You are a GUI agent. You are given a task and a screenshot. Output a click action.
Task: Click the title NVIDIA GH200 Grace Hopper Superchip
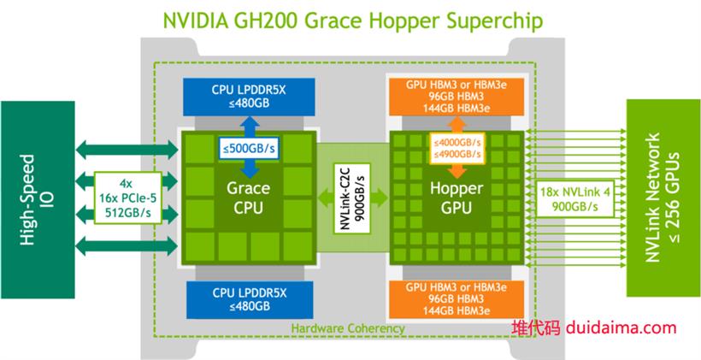point(353,21)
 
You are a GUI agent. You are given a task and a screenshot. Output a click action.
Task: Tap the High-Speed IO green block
point(38,199)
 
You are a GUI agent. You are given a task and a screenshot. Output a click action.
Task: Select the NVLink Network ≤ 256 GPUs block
point(663,198)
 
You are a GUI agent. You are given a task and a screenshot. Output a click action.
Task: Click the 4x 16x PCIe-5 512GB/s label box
point(128,198)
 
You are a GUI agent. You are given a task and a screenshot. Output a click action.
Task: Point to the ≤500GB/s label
point(249,149)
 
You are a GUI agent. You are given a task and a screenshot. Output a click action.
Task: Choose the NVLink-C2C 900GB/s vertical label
point(353,198)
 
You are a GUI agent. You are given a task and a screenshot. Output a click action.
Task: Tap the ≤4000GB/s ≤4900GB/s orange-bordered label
point(457,148)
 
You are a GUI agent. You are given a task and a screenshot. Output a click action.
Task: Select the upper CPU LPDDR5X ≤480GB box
point(249,97)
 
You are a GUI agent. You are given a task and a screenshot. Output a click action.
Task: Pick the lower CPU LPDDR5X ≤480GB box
point(250,299)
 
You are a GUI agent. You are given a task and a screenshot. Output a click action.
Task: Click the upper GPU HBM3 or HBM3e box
point(456,97)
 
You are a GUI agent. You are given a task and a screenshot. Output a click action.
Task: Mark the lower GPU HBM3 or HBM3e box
point(456,299)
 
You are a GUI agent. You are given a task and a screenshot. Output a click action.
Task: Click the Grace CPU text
point(248,198)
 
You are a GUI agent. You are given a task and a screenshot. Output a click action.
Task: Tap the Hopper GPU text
point(457,198)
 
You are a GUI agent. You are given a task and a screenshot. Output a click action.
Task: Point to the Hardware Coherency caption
point(348,328)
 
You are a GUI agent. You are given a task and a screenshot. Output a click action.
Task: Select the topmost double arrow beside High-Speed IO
point(127,150)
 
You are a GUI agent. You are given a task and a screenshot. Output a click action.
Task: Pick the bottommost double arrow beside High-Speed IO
point(127,246)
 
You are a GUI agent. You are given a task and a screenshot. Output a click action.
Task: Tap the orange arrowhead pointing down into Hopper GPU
point(457,171)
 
